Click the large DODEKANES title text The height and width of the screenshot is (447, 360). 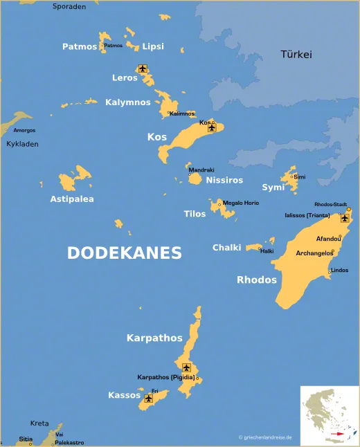pos(125,253)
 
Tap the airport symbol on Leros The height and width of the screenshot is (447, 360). pos(143,69)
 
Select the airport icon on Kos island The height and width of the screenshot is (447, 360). pos(212,127)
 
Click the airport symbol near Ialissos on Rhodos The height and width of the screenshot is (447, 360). pos(344,218)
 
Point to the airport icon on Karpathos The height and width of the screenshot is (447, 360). pos(186,367)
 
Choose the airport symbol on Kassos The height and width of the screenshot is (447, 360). pos(148,399)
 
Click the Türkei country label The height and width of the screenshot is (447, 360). pos(296,55)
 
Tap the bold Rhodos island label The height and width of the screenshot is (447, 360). pos(257,280)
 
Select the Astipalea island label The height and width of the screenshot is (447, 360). pos(72,199)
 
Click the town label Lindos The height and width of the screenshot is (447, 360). pos(339,270)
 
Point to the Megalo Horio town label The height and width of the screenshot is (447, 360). pos(241,203)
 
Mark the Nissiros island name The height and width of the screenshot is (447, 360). pos(225,180)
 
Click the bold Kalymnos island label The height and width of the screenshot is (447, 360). pos(128,102)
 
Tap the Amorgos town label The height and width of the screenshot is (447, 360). pos(24,130)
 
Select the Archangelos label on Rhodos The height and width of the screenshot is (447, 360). pos(314,253)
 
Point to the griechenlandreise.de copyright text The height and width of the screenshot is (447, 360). pos(265,437)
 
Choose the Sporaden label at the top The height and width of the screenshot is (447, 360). pos(69,6)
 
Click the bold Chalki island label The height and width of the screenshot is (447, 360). pos(227,248)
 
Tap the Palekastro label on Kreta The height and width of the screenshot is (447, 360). pos(69,442)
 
